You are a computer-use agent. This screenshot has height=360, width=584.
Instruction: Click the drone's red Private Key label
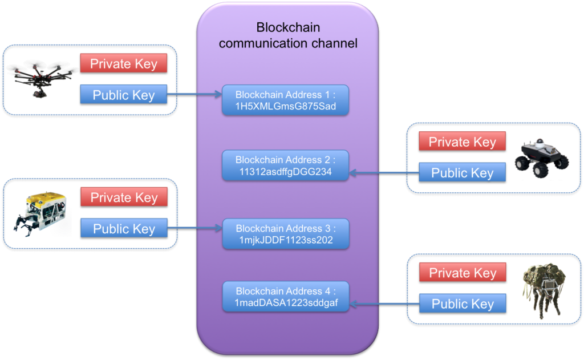(x=124, y=63)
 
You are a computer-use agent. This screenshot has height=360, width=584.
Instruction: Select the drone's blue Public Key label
(x=124, y=95)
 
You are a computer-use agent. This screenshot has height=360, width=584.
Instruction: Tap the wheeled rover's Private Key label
(x=462, y=141)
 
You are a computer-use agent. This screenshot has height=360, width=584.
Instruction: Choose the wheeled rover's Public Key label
(x=462, y=172)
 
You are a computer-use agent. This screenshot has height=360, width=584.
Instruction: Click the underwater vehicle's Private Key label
(x=124, y=197)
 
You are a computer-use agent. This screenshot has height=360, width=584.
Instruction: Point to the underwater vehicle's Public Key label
(x=124, y=229)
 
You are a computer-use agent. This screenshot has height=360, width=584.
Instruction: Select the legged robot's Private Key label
(x=463, y=273)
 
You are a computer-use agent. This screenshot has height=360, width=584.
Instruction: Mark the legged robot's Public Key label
(x=463, y=304)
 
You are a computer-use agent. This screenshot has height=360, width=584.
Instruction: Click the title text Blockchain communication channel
(x=288, y=35)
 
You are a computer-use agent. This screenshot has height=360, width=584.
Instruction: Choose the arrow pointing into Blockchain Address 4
(x=379, y=304)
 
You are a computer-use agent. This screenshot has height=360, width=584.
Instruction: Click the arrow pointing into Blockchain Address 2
(x=379, y=173)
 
